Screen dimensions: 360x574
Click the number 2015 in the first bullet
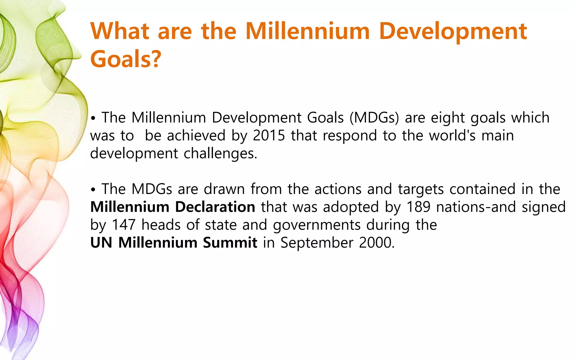point(269,135)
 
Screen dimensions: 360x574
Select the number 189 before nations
point(418,207)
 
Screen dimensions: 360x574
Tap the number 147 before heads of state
point(124,225)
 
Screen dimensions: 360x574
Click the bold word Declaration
point(215,207)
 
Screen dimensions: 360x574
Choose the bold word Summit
point(230,243)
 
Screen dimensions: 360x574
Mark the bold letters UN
point(101,243)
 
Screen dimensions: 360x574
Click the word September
point(317,243)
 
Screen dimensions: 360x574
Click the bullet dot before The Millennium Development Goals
point(93,119)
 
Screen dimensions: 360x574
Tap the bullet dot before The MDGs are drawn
point(93,190)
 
